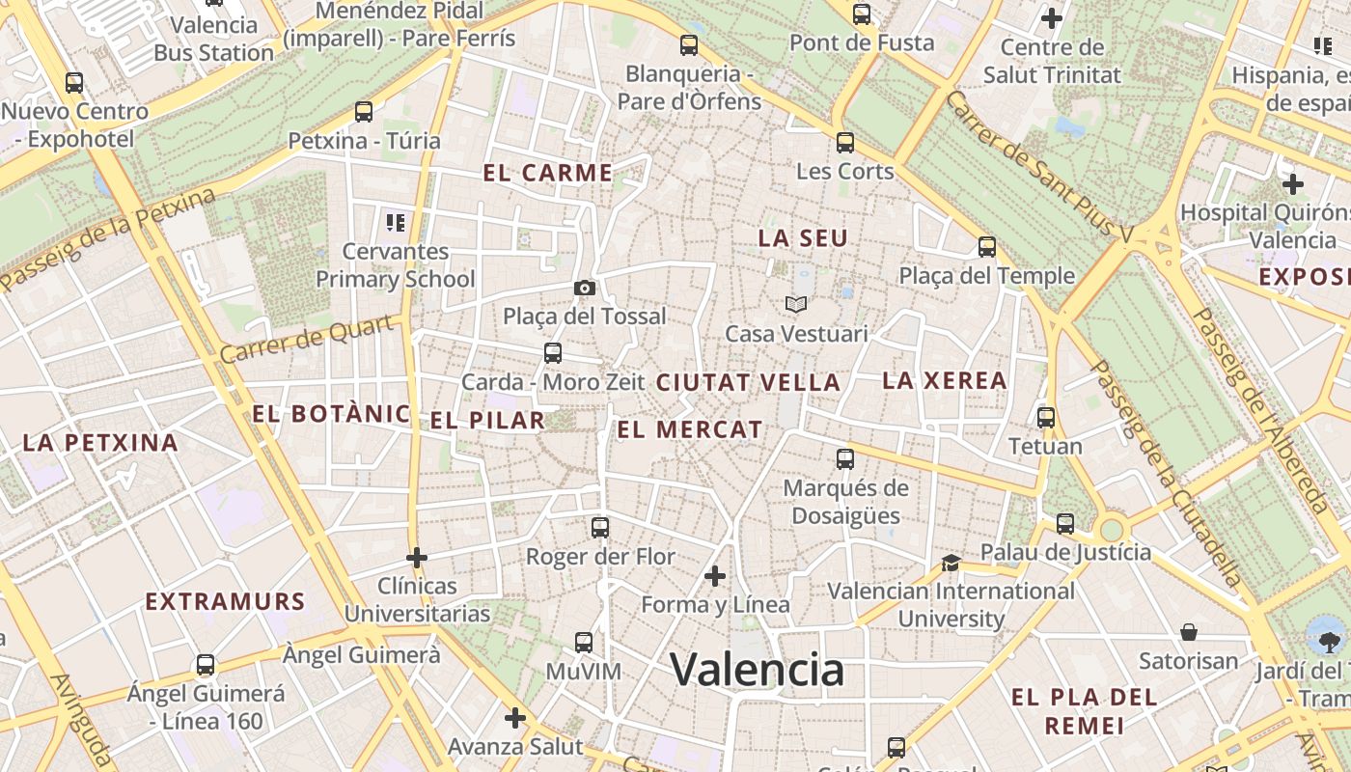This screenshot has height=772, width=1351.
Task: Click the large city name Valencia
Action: (x=757, y=669)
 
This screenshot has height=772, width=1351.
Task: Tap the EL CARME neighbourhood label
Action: (x=547, y=174)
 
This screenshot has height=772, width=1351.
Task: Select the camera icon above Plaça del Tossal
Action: (x=584, y=288)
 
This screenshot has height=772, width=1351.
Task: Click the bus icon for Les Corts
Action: (x=845, y=143)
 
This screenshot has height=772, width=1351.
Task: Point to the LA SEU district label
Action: (x=803, y=238)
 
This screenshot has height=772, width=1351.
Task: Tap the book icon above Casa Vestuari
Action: (x=795, y=305)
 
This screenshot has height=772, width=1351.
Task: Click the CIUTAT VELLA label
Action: (x=748, y=382)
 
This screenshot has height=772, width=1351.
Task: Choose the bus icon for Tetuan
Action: (x=1046, y=418)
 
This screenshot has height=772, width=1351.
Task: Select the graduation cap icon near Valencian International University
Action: (x=951, y=563)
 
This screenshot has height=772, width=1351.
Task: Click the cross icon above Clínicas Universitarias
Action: (x=417, y=558)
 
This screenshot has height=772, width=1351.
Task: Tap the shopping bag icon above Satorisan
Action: (x=1189, y=632)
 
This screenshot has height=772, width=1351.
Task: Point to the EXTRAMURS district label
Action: (x=225, y=602)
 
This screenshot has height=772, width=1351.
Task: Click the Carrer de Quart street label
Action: (x=308, y=339)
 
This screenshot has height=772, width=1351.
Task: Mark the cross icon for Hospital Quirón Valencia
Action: (x=1293, y=183)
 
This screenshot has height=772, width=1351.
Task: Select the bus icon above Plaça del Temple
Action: (x=986, y=247)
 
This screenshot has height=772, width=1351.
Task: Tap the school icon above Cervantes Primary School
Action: (x=395, y=223)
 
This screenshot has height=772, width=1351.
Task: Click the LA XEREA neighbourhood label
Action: (x=945, y=380)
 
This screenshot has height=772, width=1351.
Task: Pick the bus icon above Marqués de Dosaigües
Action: (x=845, y=458)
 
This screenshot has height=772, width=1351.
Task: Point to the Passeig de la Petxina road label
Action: (x=108, y=239)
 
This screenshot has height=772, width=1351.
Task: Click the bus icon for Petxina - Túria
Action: (x=364, y=112)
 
